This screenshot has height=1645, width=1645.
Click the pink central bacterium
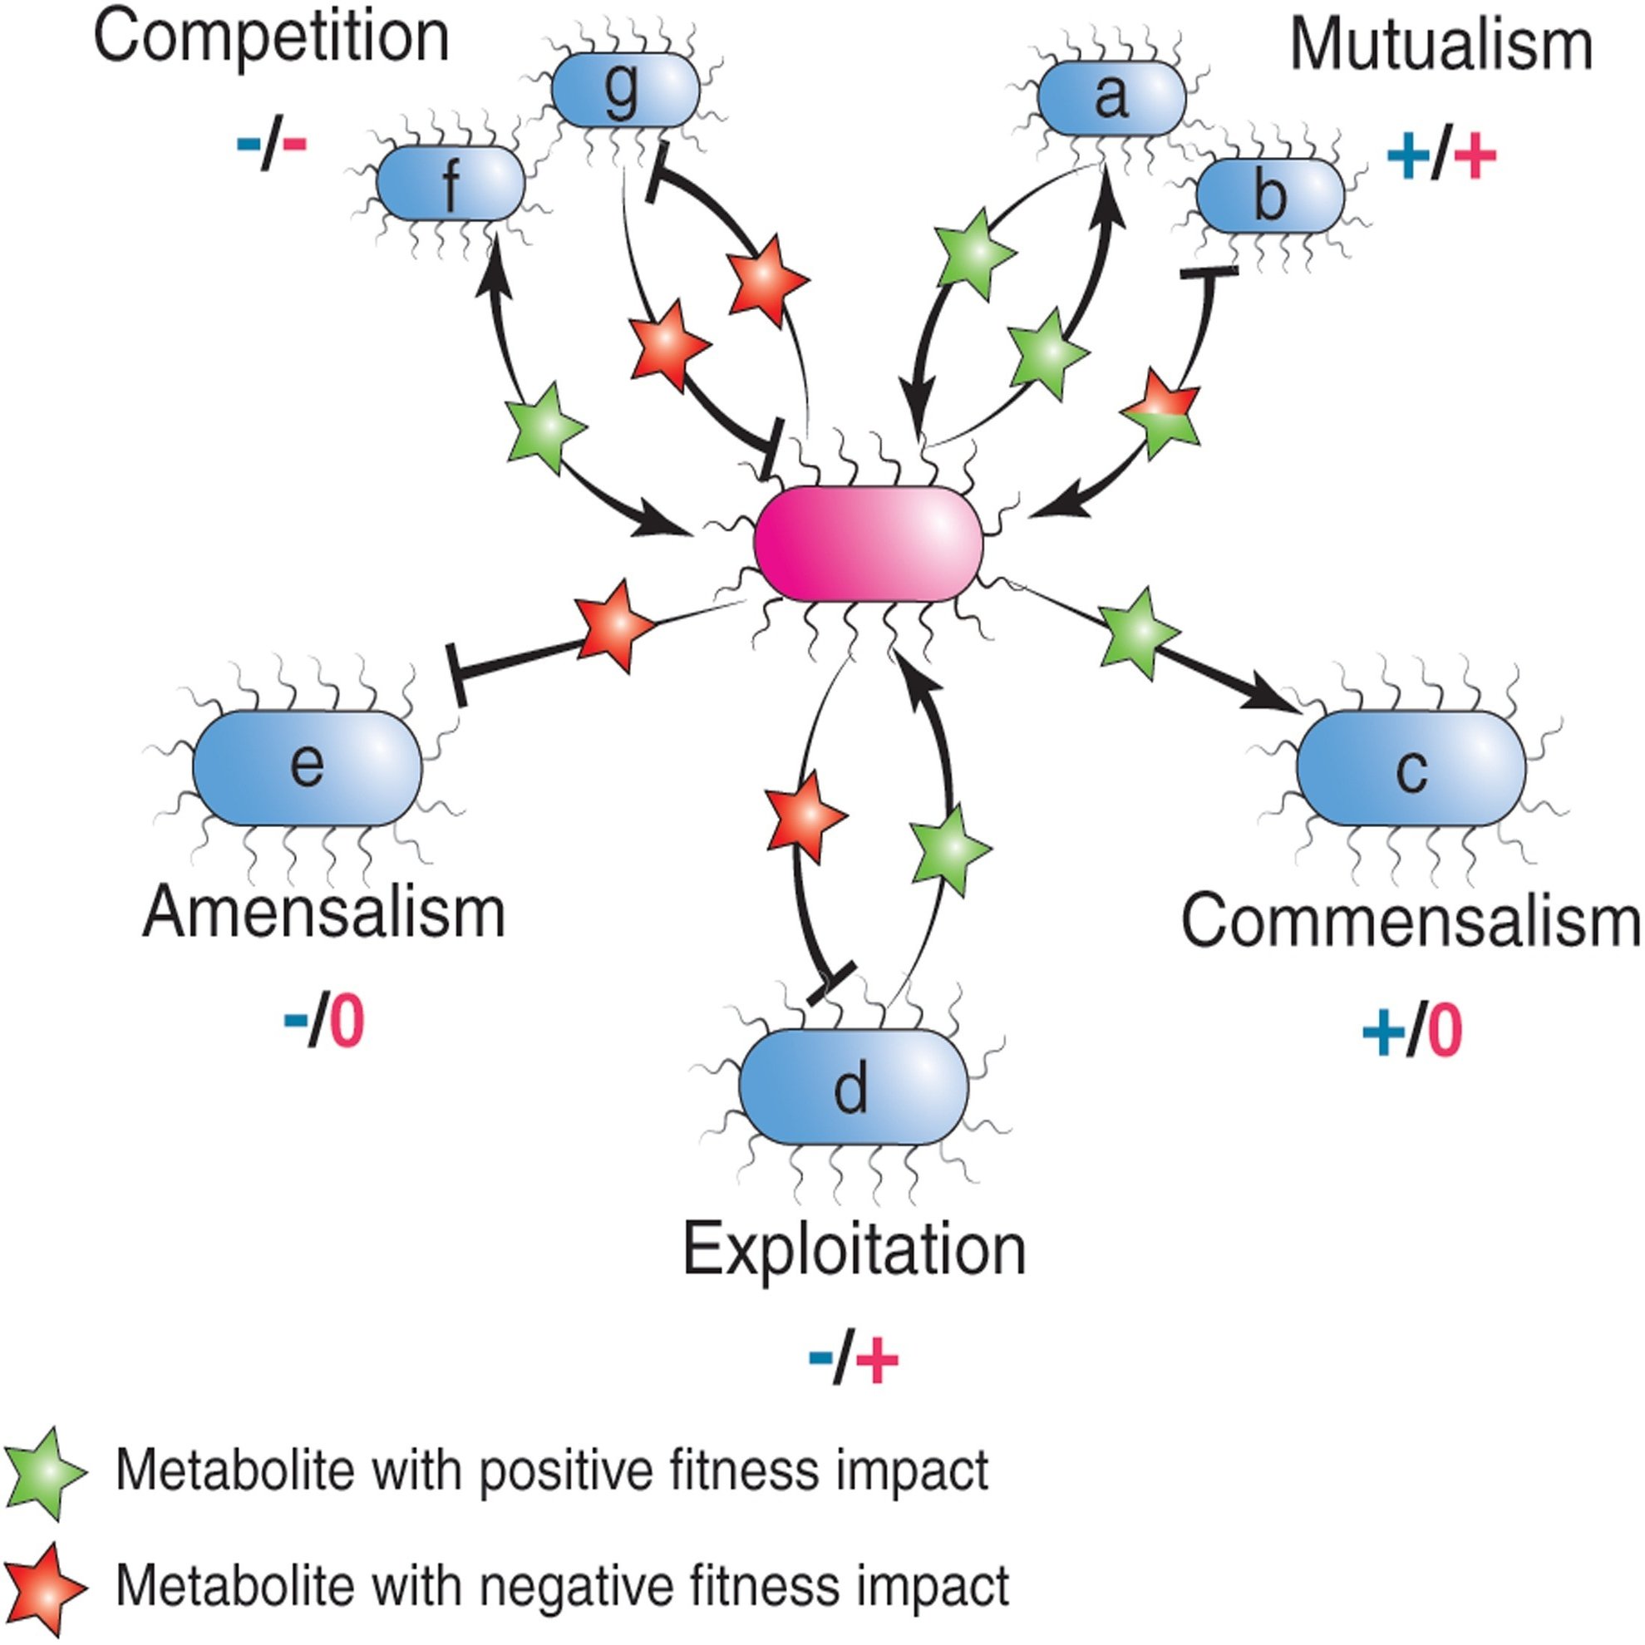pyautogui.click(x=869, y=544)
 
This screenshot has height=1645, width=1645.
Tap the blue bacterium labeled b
pyautogui.click(x=1269, y=196)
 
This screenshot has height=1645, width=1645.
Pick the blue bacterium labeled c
pyautogui.click(x=1411, y=768)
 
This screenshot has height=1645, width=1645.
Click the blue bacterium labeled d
pyautogui.click(x=853, y=1087)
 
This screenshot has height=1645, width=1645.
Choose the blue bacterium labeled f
pyautogui.click(x=451, y=183)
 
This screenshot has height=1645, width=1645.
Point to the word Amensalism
pyautogui.click(x=323, y=913)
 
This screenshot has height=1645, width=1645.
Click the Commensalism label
pyautogui.click(x=1409, y=921)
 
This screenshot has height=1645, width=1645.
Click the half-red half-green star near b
pyautogui.click(x=1161, y=412)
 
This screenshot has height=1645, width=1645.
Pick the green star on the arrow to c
pyautogui.click(x=1139, y=632)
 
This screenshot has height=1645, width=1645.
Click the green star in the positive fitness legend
pyautogui.click(x=42, y=1472)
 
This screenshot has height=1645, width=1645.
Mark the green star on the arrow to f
pyautogui.click(x=546, y=426)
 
